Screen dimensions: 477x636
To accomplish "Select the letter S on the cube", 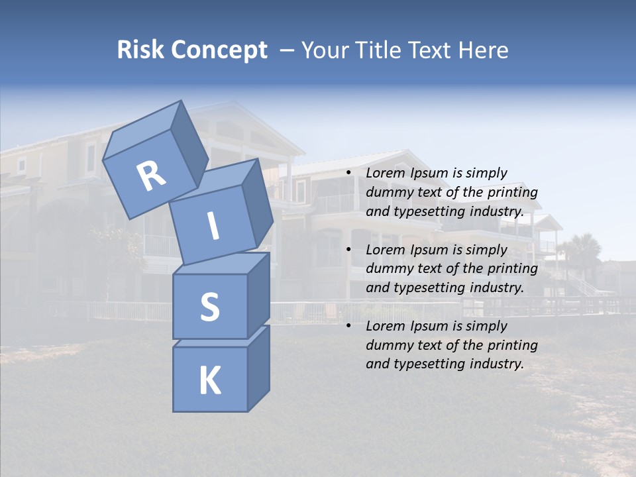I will point(209,306).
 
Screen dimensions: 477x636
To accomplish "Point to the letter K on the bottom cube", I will point(209,381).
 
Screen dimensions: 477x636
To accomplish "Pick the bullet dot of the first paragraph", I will point(348,174).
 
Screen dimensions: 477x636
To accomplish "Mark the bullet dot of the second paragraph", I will point(348,250).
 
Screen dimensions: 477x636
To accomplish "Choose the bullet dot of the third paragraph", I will point(348,326).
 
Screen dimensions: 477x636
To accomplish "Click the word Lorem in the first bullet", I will point(384,174).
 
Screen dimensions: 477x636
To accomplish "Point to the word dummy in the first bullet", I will point(386,193).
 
